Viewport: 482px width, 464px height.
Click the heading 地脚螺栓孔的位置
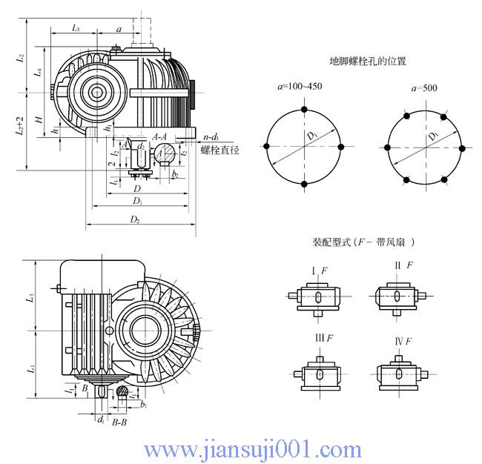point(368,61)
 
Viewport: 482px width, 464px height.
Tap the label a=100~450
point(300,87)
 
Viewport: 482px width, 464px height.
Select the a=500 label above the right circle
point(424,88)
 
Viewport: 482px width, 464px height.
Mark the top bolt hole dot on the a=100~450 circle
point(303,110)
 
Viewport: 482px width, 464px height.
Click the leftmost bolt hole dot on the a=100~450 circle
point(266,148)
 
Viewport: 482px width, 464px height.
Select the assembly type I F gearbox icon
point(317,296)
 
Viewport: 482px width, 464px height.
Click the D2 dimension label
point(135,219)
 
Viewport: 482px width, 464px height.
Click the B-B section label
point(119,422)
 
